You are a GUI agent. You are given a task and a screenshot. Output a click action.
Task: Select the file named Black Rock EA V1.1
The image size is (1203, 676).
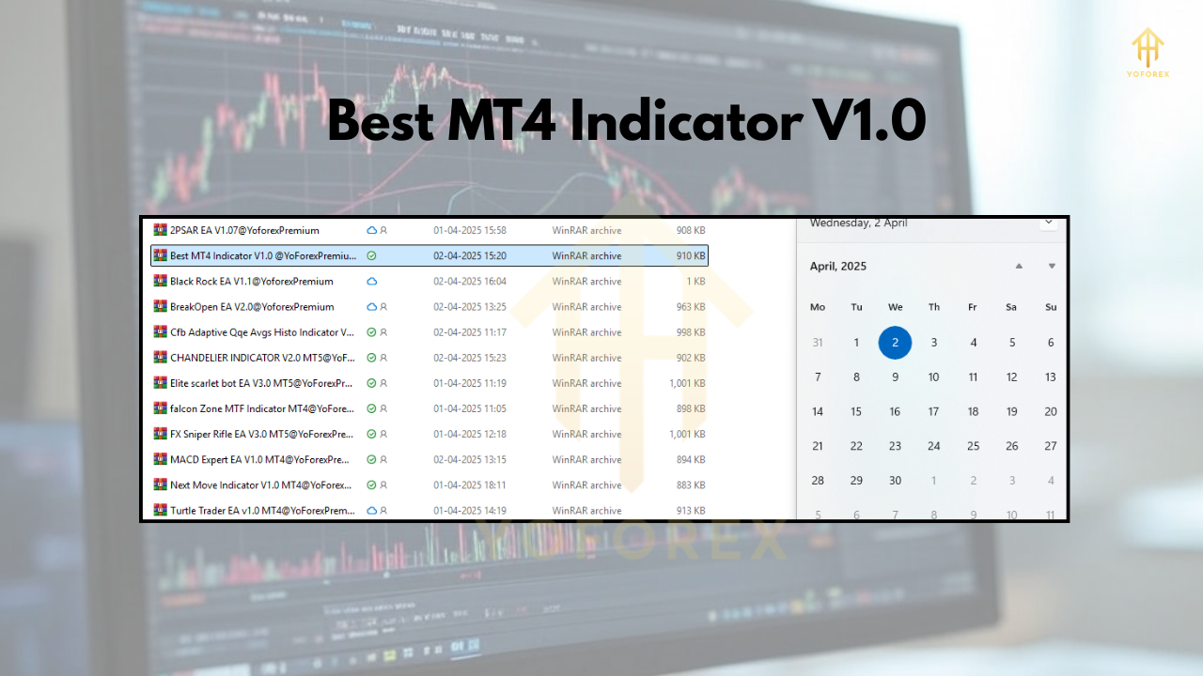251,282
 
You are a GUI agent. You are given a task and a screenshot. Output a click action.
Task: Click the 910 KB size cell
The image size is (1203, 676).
690,255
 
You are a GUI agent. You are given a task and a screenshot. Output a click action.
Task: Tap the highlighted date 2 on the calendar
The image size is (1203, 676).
895,343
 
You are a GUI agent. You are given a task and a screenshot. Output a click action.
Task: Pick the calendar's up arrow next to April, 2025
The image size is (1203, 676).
1019,267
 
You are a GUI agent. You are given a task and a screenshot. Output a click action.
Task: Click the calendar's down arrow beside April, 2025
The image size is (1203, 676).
1052,267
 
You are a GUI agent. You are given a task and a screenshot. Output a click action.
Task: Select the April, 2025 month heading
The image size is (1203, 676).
838,267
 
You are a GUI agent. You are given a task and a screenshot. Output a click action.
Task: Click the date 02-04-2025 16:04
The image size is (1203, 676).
469,282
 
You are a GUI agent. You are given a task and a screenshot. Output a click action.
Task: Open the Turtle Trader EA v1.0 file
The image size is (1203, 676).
262,511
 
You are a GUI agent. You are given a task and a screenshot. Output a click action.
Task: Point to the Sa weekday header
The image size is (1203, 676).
1011,307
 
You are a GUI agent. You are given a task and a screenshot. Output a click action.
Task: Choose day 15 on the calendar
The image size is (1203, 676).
856,411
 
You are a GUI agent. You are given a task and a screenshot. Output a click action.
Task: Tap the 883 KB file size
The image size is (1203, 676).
690,485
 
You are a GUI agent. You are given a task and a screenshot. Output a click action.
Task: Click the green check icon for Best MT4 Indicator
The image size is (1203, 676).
371,255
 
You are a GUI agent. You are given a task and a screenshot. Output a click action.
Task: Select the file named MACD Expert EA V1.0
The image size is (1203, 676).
259,460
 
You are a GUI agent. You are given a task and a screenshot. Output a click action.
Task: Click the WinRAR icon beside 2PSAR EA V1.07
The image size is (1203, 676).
160,230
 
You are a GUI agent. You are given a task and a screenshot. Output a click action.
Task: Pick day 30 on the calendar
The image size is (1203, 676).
895,481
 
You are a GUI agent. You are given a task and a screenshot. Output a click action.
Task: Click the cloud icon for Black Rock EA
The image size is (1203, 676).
371,282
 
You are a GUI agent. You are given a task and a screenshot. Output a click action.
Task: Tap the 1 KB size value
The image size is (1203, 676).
695,282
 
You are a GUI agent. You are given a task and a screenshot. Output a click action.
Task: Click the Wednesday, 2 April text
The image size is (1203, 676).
858,223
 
